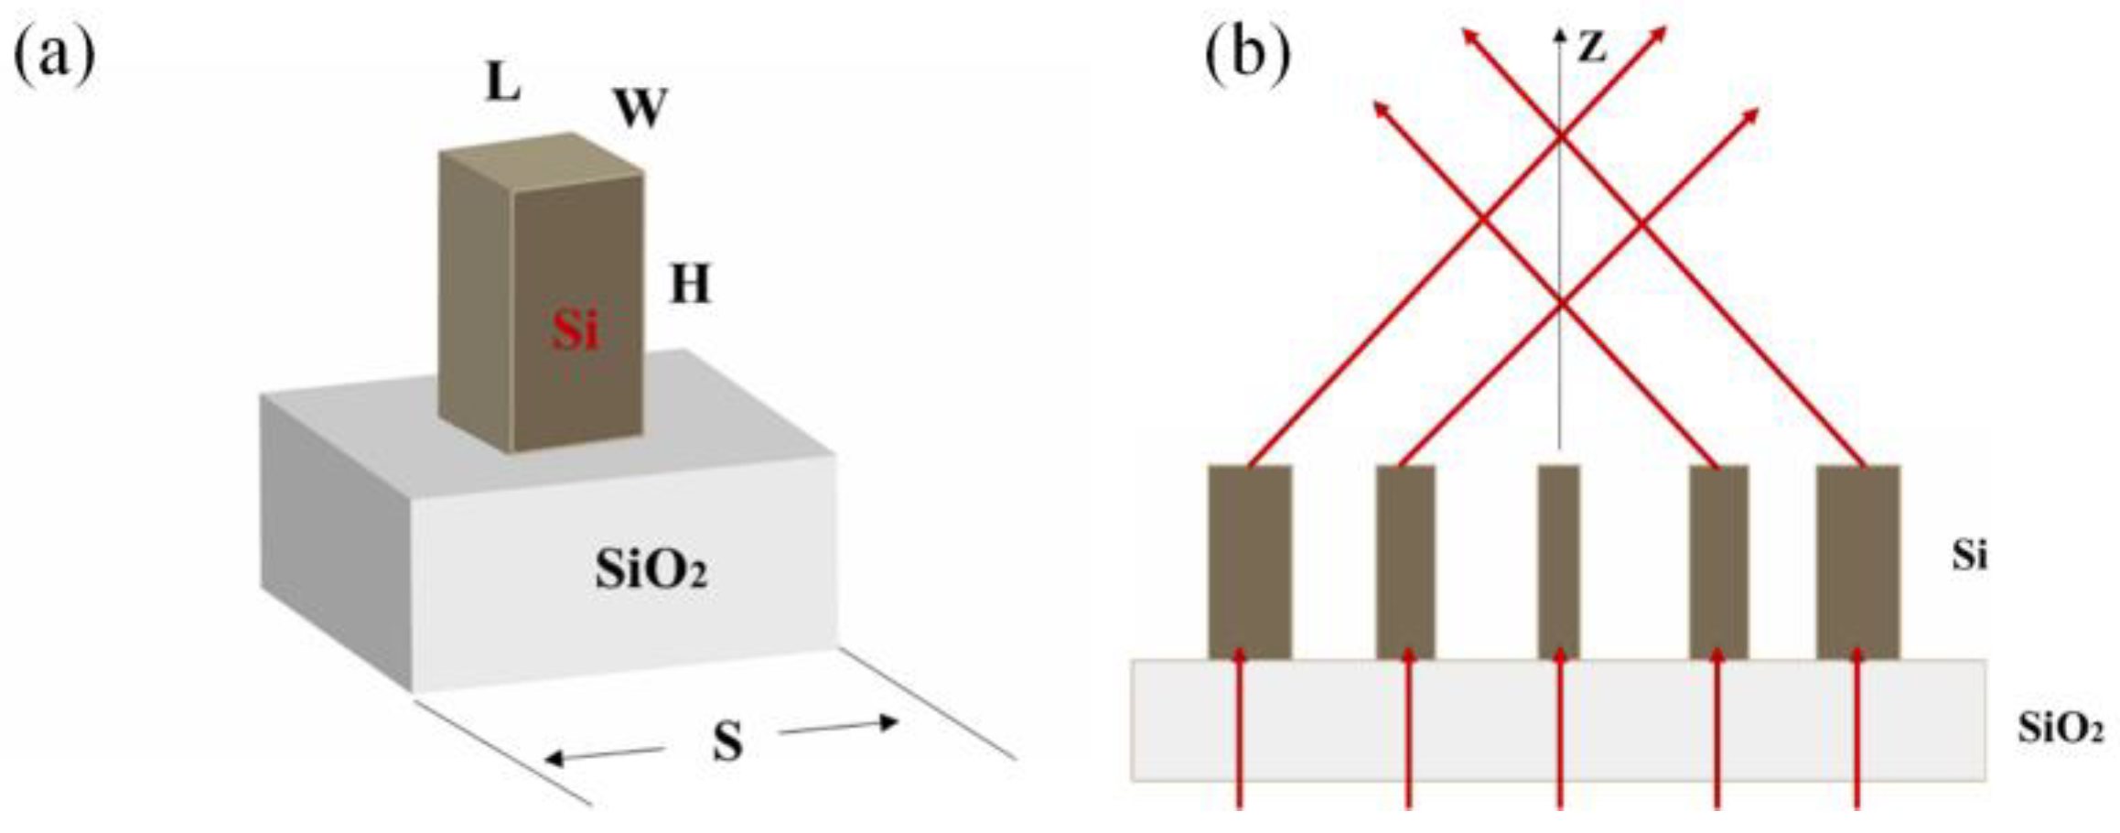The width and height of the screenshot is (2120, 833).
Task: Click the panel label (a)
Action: (54, 57)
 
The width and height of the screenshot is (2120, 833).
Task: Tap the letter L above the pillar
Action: (502, 84)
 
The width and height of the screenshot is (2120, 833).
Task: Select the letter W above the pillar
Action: (640, 110)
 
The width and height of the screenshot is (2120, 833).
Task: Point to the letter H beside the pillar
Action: (690, 286)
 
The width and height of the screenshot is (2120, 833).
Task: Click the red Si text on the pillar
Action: (575, 330)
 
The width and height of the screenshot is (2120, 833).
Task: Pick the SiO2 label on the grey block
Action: (651, 571)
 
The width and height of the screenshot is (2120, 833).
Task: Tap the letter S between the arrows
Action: (727, 741)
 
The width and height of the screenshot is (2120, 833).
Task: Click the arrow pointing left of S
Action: (604, 754)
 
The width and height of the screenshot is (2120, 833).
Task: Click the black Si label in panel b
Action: (1968, 556)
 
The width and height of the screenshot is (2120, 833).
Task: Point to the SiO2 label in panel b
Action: (2060, 730)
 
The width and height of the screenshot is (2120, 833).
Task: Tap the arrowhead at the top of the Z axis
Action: (1558, 35)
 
